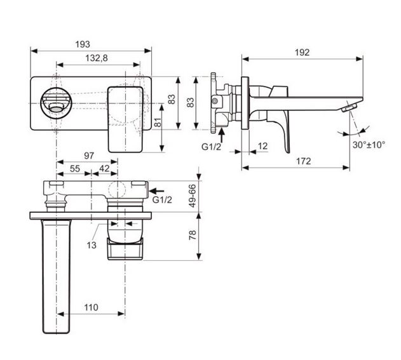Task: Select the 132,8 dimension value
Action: pos(97,58)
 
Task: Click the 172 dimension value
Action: pos(304,161)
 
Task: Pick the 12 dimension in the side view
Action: pos(263,146)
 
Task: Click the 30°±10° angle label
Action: pos(369,145)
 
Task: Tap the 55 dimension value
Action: pos(75,169)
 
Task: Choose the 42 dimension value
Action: pos(104,169)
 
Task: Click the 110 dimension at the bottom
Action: pos(92,307)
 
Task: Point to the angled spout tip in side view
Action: pos(348,107)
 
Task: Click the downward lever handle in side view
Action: pos(284,127)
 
